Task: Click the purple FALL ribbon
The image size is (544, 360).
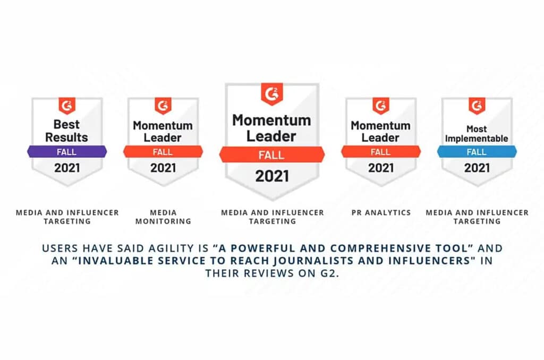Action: pos(67,152)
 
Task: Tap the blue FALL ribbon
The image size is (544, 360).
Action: pos(477,152)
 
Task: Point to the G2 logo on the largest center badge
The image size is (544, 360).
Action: pos(272,95)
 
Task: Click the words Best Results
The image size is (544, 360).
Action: pos(67,131)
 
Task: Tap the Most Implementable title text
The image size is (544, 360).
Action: pos(477,134)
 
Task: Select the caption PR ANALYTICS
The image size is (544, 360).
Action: pos(381,212)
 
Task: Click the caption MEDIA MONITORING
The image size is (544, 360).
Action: pos(163,217)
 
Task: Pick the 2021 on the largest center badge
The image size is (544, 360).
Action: pos(272,176)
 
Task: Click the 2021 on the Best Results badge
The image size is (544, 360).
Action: pos(67,168)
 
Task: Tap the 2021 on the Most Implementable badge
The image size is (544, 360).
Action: pos(477,168)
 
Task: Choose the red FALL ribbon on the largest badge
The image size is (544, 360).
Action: pos(272,155)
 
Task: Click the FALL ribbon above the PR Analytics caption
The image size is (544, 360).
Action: pos(381,152)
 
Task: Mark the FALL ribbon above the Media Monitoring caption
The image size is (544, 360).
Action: pos(163,152)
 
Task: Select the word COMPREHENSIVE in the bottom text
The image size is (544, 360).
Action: pos(363,248)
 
